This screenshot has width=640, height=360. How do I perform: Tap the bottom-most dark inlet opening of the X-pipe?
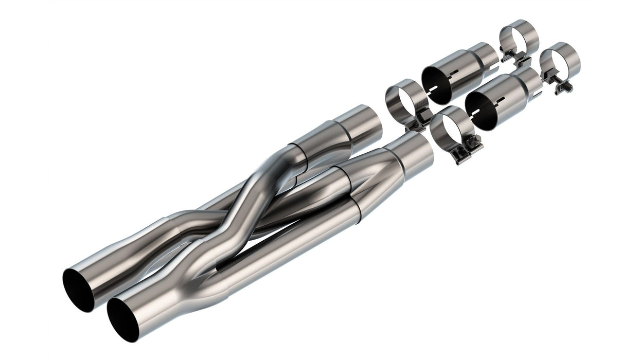tap(122, 320)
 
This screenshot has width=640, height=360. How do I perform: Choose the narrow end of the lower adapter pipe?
tap(530, 80)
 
